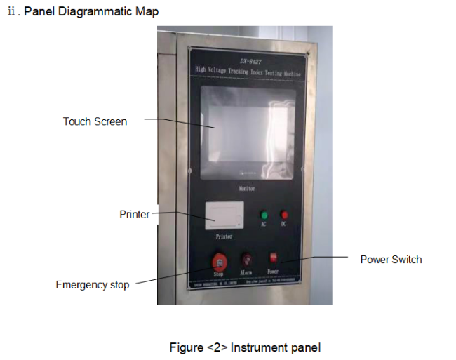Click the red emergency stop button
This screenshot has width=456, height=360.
point(220,262)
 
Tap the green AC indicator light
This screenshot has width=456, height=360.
point(264,215)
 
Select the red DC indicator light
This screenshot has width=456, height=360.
point(284,215)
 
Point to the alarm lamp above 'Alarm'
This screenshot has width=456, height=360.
point(246,260)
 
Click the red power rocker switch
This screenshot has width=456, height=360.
point(273,259)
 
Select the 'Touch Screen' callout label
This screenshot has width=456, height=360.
point(95,121)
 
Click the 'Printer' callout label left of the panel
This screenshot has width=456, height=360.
point(134,214)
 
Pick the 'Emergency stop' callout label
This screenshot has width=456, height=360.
point(93,285)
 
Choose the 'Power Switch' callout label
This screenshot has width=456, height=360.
point(391,260)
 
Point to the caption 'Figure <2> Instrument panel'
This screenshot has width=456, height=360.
point(245,347)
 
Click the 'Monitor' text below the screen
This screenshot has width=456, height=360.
point(246,189)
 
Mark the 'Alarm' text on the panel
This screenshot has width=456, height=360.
point(246,271)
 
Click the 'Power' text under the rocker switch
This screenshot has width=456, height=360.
point(273,271)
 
